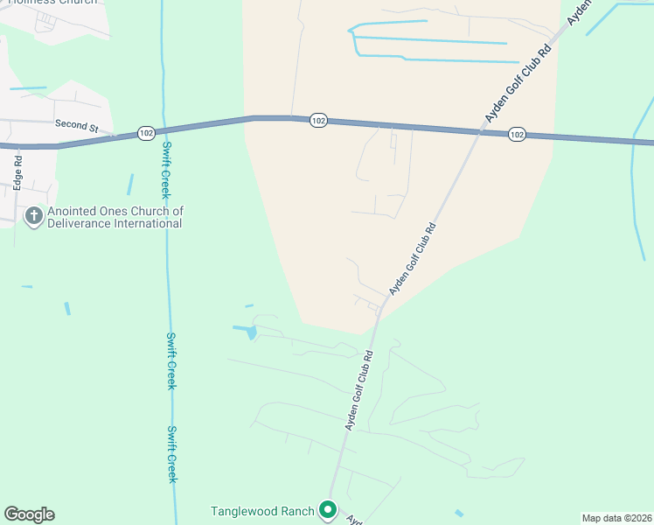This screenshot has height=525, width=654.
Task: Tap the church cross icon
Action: tap(34, 216)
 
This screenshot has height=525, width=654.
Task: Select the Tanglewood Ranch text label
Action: tap(262, 511)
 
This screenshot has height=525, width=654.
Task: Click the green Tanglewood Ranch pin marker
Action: tap(328, 509)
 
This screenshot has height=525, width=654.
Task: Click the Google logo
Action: tap(29, 514)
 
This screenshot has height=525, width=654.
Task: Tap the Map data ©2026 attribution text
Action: tap(616, 518)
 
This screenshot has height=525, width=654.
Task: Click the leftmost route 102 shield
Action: tap(146, 133)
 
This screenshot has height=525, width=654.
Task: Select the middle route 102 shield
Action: tap(318, 121)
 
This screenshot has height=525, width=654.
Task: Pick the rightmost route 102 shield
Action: tap(517, 134)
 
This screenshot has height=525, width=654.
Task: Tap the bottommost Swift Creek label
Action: tap(172, 454)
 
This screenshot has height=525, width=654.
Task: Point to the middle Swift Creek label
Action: tap(171, 360)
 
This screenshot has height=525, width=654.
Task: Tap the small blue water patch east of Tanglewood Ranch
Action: tap(459, 513)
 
